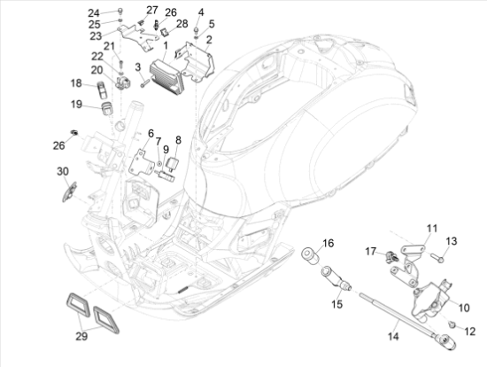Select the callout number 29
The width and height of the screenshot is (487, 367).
point(81,337)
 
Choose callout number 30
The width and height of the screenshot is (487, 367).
point(62,170)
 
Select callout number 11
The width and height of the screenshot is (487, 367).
point(432,229)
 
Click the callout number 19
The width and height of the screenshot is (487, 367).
point(77,104)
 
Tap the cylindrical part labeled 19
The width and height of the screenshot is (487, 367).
point(107,108)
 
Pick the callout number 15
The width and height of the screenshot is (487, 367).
point(336,303)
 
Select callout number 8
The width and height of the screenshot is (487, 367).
point(178,140)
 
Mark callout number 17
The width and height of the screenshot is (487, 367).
point(371,251)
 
